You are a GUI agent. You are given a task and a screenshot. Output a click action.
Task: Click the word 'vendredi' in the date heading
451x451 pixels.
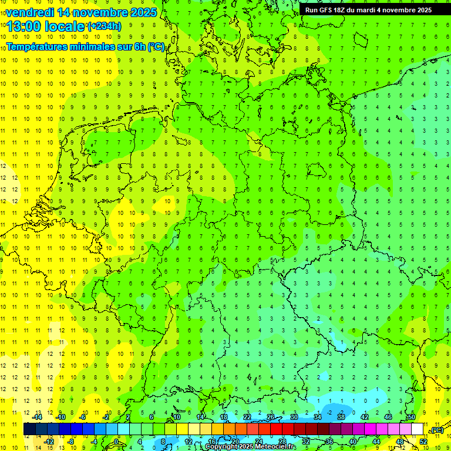30,12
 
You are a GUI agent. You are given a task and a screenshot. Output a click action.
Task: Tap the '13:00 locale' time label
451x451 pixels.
45,26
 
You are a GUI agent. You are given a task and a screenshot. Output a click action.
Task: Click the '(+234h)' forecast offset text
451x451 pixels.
104,26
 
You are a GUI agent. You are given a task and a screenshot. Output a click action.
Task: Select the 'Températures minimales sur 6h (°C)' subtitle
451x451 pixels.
85,47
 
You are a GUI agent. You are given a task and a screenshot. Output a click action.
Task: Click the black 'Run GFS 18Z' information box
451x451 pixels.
368,9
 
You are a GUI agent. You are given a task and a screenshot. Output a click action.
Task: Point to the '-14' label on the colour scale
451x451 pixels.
37,417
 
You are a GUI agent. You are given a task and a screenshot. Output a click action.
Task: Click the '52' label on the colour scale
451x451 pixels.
423,442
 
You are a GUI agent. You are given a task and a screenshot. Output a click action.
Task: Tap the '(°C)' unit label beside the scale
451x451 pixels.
436,430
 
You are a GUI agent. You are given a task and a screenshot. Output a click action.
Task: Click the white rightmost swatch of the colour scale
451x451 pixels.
417,429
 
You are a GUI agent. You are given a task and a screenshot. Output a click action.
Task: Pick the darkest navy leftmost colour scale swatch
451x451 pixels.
29,429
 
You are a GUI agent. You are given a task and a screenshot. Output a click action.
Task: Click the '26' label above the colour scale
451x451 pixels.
271,417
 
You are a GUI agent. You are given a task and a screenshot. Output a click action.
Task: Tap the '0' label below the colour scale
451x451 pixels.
116,442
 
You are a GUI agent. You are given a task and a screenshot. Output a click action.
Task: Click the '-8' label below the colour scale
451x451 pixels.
72,442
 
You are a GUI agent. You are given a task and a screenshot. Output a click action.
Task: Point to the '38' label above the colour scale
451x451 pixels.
341,417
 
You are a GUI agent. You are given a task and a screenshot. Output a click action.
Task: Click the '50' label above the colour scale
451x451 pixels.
411,417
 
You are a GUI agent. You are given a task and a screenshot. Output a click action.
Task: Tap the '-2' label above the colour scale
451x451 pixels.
106,417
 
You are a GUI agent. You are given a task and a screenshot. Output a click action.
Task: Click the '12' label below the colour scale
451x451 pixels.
189,442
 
